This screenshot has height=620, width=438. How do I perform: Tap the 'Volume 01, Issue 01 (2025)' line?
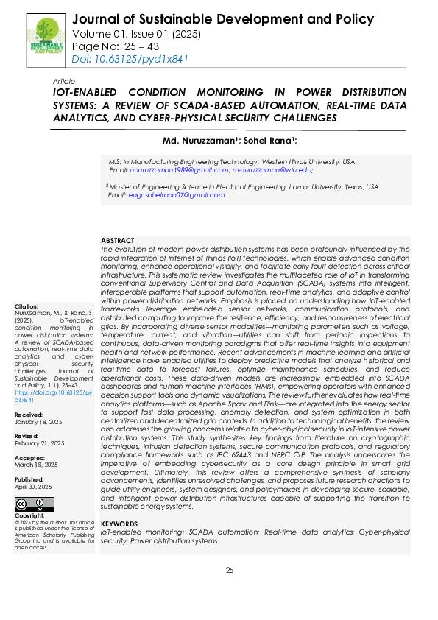point(137,33)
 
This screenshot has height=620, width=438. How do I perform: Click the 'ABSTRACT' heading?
point(118,241)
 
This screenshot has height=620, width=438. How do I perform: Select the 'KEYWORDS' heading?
point(119,523)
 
